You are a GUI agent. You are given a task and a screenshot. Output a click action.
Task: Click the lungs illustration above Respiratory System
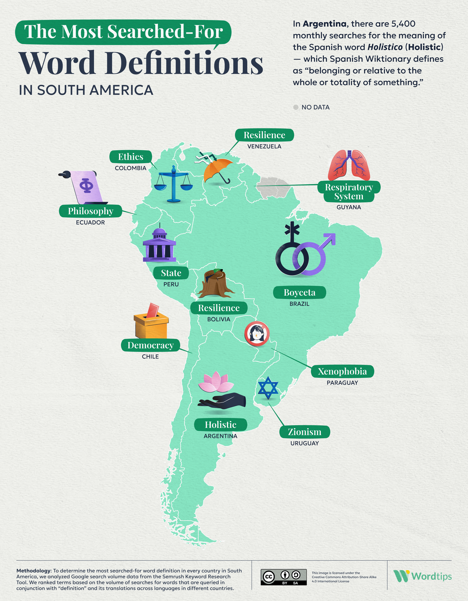pos(349,165)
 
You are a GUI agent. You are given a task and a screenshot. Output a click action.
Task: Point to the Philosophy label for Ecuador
pos(90,211)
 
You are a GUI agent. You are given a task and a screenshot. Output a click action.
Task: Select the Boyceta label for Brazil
pos(300,292)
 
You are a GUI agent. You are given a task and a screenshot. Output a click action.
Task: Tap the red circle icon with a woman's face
pos(257,333)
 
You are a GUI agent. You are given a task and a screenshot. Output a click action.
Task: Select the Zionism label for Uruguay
pos(305,432)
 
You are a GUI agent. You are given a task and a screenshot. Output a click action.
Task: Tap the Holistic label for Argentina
pos(221,425)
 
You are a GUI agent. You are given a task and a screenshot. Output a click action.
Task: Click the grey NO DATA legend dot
pos(296,107)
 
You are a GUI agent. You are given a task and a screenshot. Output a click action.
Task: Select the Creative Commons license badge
pos(284,577)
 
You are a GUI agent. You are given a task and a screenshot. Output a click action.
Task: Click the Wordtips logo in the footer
pos(422,576)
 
